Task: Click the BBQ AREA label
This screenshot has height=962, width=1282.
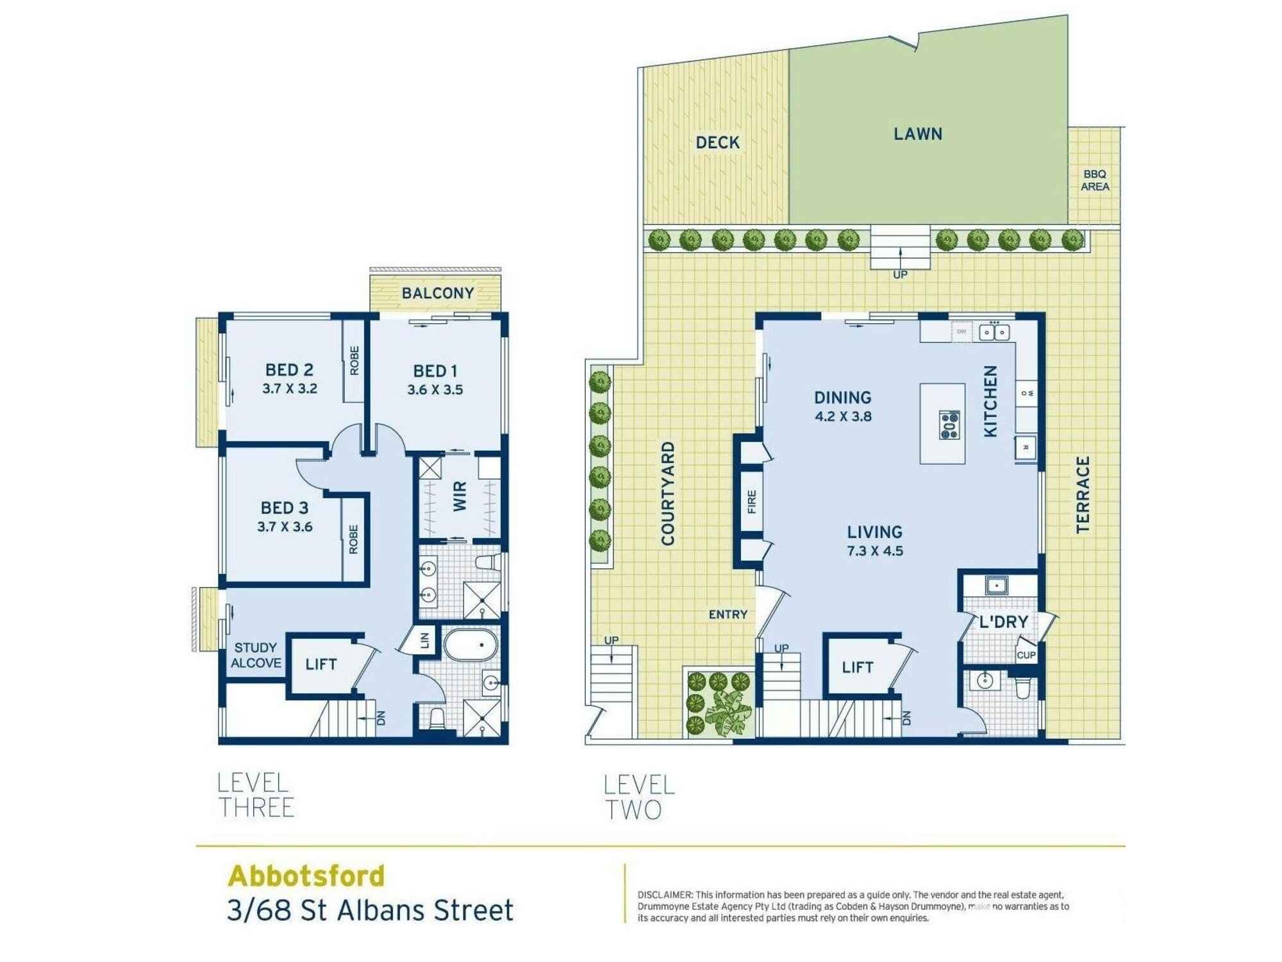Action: tap(1095, 180)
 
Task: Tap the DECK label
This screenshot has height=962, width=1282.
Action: tap(717, 142)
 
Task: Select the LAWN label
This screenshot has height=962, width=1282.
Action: tap(918, 134)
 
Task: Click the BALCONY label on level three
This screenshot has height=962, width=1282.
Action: tap(438, 293)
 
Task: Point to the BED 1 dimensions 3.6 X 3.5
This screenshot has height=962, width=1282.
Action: tap(435, 390)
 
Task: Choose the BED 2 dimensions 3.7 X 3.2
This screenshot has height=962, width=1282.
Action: tap(290, 389)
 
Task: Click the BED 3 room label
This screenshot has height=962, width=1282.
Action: tap(285, 508)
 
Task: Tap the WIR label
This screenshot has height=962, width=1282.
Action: tap(460, 497)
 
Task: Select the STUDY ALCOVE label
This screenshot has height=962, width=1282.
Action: tap(256, 655)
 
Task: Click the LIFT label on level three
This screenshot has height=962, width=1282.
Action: tap(321, 664)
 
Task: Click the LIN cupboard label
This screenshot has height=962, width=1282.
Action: tap(424, 640)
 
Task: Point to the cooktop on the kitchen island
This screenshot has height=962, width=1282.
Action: tap(949, 425)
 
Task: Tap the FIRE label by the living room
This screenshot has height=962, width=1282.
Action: tap(751, 502)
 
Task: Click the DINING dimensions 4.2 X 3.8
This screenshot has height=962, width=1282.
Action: tap(843, 416)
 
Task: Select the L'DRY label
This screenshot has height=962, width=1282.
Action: tap(1003, 621)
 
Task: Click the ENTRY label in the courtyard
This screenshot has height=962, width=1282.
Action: tap(728, 614)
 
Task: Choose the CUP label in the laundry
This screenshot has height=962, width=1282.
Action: tap(1026, 655)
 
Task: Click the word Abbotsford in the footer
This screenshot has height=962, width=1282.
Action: tap(306, 876)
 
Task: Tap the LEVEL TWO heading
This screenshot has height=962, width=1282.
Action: tap(639, 797)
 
